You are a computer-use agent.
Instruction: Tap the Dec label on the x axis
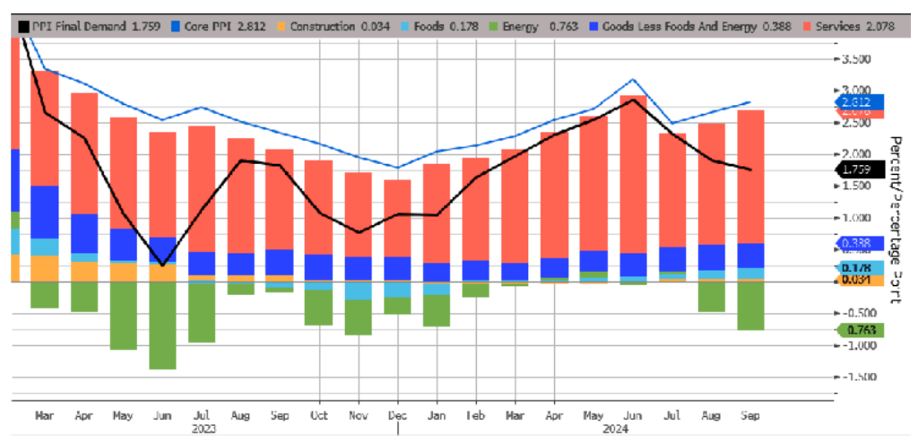pyautogui.click(x=395, y=415)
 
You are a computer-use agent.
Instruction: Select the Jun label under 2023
pyautogui.click(x=163, y=415)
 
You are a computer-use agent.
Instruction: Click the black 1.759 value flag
pyautogui.click(x=859, y=169)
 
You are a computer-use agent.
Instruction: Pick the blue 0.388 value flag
pyautogui.click(x=859, y=242)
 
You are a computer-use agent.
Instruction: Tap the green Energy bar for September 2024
pyautogui.click(x=750, y=305)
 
